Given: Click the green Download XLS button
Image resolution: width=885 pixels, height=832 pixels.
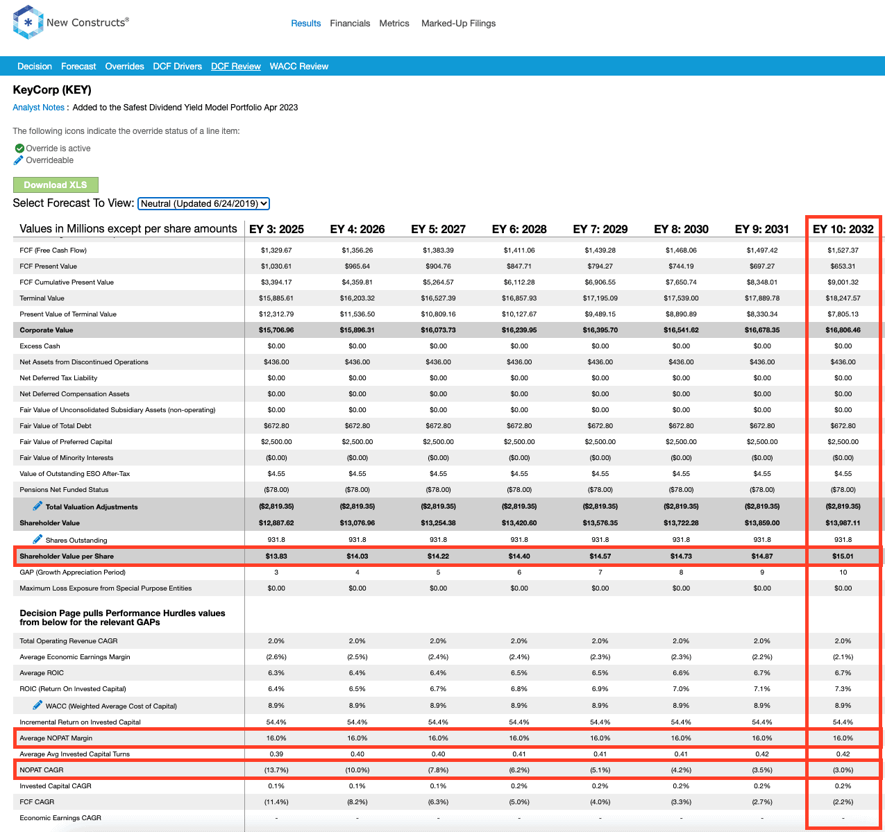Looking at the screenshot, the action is coord(56,185).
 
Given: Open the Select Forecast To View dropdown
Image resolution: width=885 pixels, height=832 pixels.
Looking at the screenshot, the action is coord(203,203).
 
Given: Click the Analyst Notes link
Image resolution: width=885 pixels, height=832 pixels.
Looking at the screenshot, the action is coord(38,108).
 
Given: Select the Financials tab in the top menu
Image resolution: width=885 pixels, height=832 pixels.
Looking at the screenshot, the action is coord(350,23).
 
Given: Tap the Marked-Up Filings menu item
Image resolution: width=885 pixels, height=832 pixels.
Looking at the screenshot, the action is coord(458,23).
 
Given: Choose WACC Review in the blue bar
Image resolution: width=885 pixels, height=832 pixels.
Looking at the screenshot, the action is coord(299,67).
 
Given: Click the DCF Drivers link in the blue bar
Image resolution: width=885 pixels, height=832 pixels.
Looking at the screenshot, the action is coord(178,67).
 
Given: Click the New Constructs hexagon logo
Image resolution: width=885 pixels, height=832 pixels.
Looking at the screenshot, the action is coord(28,22).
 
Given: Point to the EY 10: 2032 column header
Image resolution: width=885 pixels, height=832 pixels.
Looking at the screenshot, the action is coord(843,229).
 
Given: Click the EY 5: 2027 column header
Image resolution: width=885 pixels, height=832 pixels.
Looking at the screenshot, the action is coord(438,229).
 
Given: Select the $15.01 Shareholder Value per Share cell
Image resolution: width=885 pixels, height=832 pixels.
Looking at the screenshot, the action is coord(843,556).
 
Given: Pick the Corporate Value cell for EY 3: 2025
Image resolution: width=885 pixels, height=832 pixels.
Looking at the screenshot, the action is coord(276,330).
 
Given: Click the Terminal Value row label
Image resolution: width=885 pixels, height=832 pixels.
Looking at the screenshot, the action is coord(42,298).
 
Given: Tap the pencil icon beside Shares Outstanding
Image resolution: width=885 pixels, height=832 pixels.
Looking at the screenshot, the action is coord(37,539).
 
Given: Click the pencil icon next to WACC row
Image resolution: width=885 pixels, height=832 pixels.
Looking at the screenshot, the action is coord(37,705).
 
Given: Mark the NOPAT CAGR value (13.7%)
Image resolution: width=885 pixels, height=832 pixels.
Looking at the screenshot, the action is coord(276,770).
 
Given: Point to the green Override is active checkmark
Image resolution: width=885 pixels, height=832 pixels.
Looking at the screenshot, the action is coord(19,148).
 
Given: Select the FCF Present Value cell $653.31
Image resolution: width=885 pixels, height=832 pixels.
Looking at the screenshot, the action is coord(843,266).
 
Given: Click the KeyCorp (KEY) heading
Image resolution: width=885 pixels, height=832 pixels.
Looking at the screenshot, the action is coord(52,90).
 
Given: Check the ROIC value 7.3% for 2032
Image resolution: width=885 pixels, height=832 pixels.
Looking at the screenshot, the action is coord(843,689).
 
